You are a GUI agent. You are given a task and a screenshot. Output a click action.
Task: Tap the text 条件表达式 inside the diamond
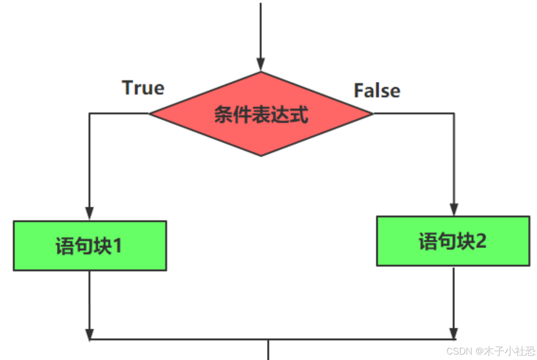261,115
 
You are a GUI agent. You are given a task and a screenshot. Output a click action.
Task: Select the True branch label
143,88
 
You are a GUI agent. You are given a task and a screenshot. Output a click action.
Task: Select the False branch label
377,91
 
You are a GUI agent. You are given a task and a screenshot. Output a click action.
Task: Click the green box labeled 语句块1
90,246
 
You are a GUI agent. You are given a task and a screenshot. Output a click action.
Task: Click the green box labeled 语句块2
453,241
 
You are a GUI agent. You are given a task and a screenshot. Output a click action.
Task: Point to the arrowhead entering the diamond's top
261,65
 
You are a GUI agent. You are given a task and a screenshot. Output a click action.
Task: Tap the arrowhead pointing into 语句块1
89,213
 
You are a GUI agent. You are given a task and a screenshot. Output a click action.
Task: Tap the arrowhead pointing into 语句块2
454,209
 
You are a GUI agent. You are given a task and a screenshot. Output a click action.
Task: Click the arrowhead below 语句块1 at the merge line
89,334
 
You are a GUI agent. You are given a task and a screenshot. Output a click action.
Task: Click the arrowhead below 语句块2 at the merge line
453,333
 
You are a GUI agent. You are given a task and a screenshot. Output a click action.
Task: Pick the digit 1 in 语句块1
117,247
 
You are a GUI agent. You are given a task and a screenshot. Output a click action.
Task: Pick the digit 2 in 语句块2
480,242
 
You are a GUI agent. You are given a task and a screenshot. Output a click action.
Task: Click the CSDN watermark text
491,351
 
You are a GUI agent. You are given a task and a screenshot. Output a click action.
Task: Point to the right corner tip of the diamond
372,113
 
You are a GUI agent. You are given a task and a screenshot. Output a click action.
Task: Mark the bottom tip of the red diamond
261,156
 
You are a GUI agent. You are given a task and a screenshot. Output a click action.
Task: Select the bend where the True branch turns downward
90,113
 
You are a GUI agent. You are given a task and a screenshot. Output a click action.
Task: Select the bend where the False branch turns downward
454,113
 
